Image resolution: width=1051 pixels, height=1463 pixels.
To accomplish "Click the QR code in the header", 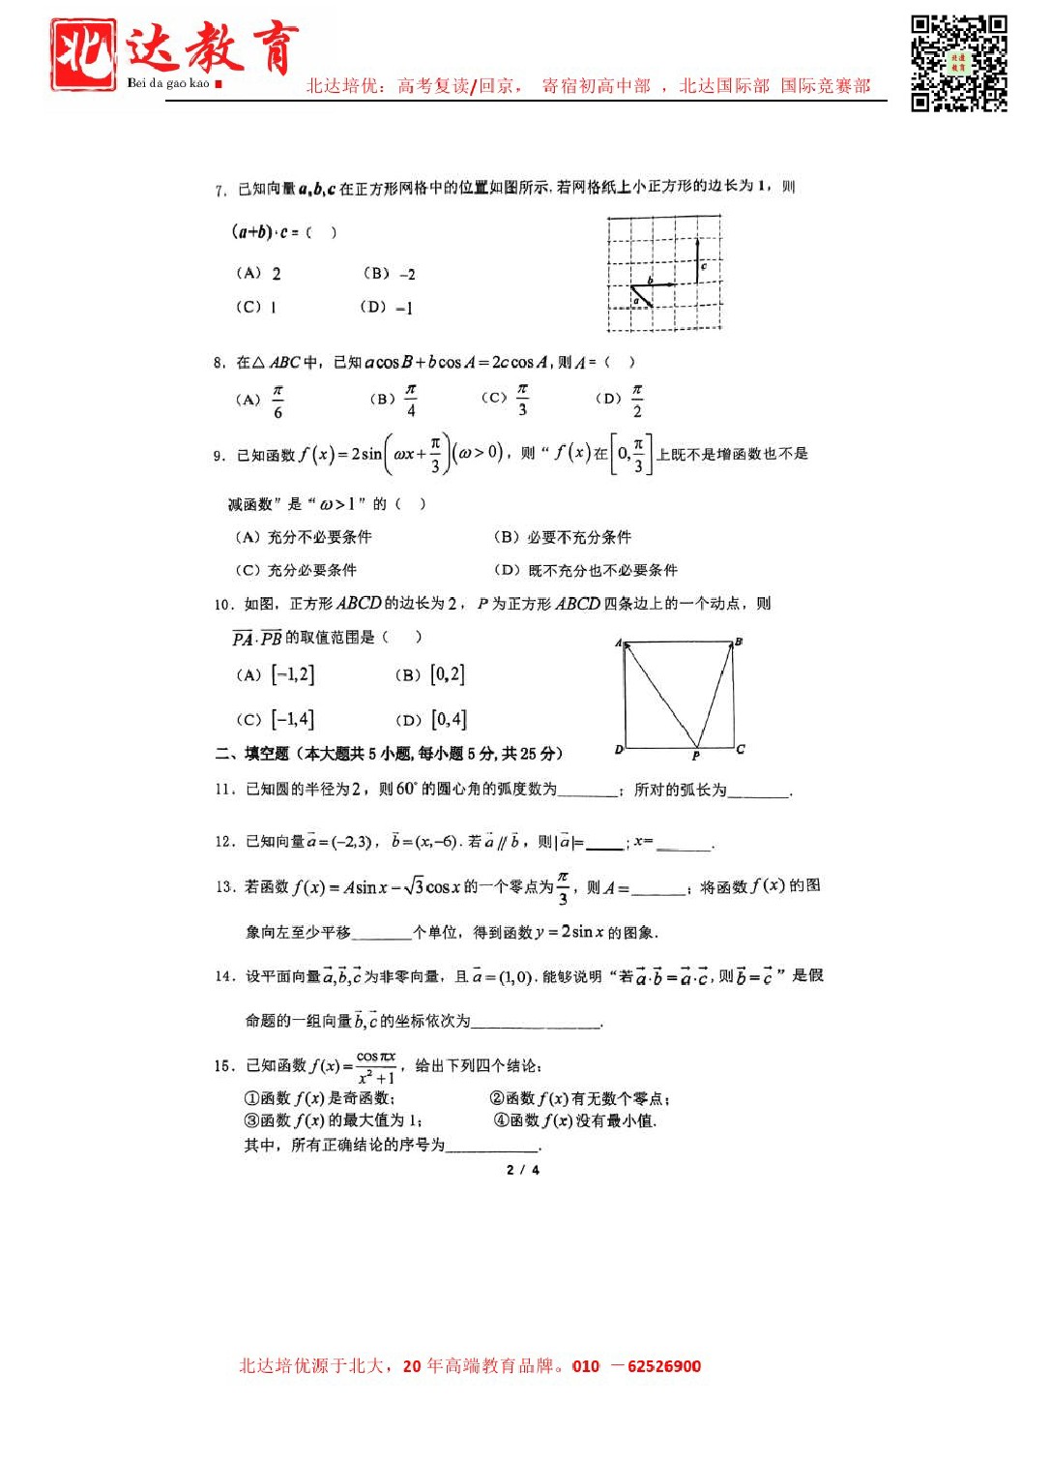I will [958, 64].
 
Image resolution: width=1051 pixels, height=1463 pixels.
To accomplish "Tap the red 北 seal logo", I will [83, 55].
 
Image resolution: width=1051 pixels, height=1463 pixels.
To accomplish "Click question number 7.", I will [219, 191].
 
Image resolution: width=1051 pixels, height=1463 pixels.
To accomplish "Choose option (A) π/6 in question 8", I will [261, 400].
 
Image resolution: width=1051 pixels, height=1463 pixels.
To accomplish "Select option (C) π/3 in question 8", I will [506, 399].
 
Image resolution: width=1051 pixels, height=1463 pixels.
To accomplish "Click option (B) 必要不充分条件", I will [562, 537].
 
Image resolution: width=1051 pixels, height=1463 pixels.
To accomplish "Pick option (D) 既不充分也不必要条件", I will [585, 570].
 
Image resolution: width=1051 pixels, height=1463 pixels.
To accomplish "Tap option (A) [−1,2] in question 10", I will [276, 674].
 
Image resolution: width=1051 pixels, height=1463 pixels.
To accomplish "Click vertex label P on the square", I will [695, 756].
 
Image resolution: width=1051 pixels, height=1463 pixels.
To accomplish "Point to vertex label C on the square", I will [741, 749].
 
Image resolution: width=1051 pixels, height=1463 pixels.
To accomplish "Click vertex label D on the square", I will [619, 750].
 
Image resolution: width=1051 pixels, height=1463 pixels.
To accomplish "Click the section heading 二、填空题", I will [252, 754].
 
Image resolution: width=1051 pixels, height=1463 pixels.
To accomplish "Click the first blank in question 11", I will [588, 791].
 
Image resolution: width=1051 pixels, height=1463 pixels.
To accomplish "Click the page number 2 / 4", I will [523, 1170].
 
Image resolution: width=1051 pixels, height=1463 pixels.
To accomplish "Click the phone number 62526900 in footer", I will [664, 1366].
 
